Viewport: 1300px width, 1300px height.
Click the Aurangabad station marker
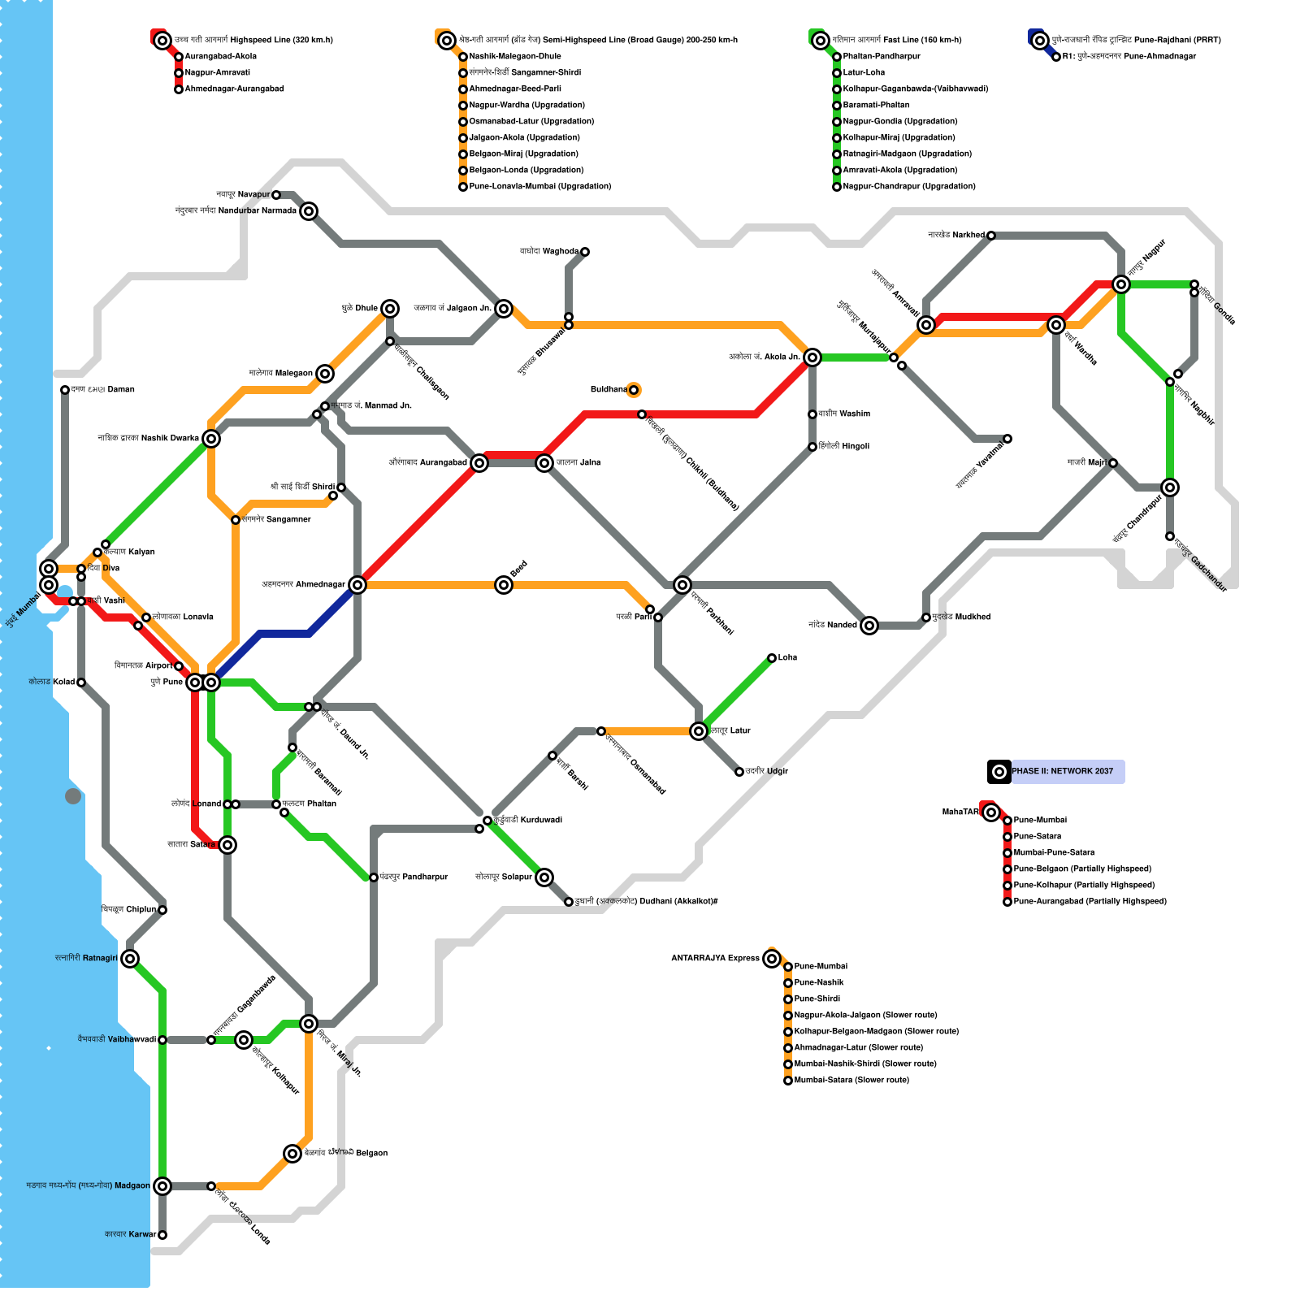click(x=479, y=463)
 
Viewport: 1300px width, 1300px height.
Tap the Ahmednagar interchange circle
click(x=357, y=585)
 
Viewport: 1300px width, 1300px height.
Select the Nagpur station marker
click(x=1121, y=284)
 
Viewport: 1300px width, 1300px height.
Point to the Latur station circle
click(x=699, y=731)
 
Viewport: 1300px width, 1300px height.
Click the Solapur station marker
click(x=544, y=877)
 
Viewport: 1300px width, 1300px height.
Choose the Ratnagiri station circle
click(x=130, y=959)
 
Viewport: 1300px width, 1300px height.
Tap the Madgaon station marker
click(x=162, y=1186)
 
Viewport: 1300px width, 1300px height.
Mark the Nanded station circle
click(x=869, y=626)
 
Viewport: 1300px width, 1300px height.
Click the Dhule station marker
click(x=390, y=309)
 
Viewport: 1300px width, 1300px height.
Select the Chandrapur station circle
click(x=1170, y=487)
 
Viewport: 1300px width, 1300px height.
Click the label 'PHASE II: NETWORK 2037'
click(x=1062, y=771)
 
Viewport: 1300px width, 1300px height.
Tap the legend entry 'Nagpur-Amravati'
click(x=217, y=72)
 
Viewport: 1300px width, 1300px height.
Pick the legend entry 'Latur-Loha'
click(x=863, y=72)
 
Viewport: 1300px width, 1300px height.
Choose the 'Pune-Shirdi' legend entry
click(x=817, y=999)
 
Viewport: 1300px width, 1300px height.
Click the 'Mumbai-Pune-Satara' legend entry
click(x=1053, y=852)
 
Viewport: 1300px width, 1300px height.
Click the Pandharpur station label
click(x=414, y=877)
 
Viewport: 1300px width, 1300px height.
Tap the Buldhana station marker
click(x=634, y=390)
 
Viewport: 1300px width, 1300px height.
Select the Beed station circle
click(x=504, y=585)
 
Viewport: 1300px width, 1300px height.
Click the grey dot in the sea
click(x=73, y=796)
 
